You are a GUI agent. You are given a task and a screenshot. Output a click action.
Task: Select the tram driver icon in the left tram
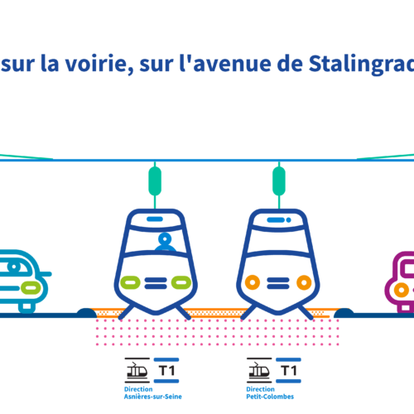(x=165, y=242)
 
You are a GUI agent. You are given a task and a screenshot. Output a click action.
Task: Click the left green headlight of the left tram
(x=130, y=282)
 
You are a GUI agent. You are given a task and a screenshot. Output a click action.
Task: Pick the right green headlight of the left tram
(x=181, y=282)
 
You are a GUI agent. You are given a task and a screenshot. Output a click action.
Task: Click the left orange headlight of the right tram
(x=253, y=282)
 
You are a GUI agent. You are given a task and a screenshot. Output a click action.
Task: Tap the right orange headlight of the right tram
(x=304, y=282)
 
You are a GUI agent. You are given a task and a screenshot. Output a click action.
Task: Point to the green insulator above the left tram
(x=155, y=181)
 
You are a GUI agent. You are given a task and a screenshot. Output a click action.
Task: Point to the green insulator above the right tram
(x=279, y=181)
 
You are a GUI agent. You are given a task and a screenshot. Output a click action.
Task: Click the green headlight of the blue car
(x=31, y=287)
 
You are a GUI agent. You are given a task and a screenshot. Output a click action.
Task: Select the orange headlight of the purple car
(x=402, y=290)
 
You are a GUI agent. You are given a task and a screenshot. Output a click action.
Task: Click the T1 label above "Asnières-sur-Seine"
(x=167, y=370)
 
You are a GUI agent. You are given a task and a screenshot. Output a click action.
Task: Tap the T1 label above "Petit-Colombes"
(x=289, y=370)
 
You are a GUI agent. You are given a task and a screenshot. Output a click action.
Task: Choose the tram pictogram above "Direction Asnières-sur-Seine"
(x=137, y=370)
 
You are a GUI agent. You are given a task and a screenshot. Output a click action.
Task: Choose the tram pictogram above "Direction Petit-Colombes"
(x=259, y=370)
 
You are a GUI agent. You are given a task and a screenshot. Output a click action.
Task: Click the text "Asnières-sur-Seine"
(x=153, y=397)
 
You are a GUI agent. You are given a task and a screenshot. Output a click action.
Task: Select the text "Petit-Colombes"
(x=270, y=397)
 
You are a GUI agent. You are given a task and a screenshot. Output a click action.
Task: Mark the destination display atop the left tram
(x=155, y=219)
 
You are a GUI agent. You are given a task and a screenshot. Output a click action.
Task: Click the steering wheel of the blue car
(x=14, y=267)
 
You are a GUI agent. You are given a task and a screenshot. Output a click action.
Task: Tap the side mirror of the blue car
(x=46, y=274)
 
